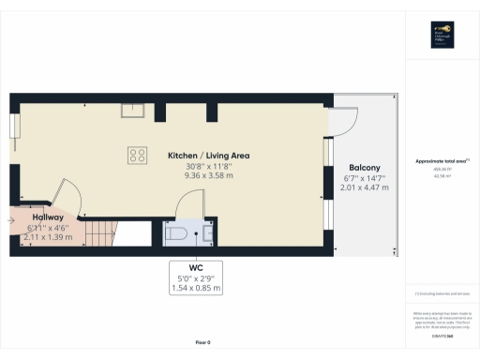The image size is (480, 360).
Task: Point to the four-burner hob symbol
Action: pyautogui.click(x=137, y=156)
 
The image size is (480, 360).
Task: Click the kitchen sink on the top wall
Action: pyautogui.click(x=131, y=112)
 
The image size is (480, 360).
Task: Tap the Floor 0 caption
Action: pyautogui.click(x=202, y=344)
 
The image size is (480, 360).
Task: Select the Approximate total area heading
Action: pyautogui.click(x=441, y=160)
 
